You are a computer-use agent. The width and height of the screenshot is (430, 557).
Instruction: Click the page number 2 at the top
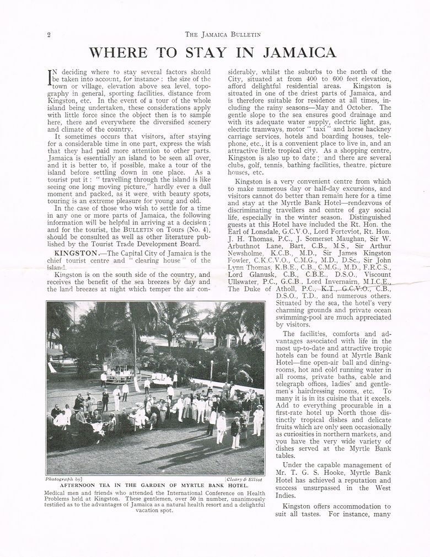click(49, 35)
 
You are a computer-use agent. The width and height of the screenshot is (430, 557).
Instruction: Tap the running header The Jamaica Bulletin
click(223, 34)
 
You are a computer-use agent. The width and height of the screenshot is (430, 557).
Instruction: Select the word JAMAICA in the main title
click(300, 53)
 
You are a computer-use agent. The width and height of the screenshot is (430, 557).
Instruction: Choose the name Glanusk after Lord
click(261, 275)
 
